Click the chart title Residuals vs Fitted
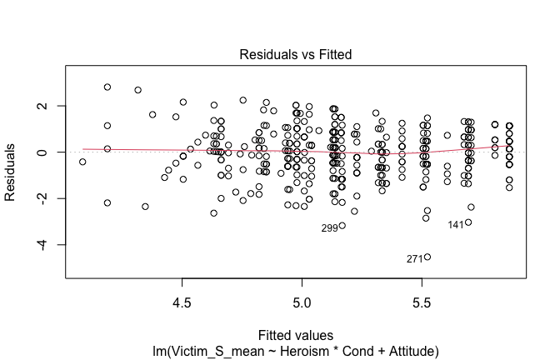296,54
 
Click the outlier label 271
415,259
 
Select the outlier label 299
330,227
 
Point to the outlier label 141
456,224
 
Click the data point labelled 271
427,257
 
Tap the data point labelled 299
342,226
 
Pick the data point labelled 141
468,222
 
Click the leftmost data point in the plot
82,162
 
